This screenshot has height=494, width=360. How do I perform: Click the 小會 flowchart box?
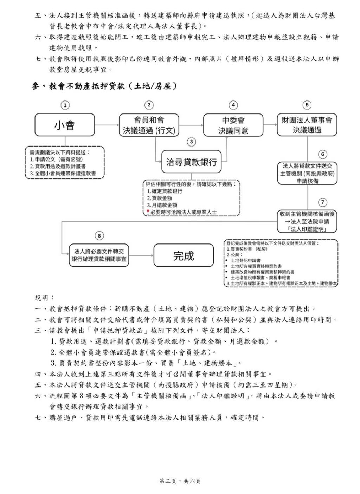[65, 125]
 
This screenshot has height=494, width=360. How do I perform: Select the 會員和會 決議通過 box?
[149, 125]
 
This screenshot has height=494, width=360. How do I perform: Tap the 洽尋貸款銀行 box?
[191, 162]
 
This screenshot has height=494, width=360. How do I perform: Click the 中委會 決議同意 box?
[233, 125]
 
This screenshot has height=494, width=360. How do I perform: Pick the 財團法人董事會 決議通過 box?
[307, 125]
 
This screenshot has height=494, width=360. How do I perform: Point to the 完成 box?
[184, 255]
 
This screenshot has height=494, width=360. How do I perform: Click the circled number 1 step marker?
[65, 105]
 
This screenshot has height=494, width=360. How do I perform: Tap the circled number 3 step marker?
[191, 142]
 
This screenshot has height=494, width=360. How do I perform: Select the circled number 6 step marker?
[322, 154]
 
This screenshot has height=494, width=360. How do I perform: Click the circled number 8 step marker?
[99, 236]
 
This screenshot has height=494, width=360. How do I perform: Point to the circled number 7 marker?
[322, 202]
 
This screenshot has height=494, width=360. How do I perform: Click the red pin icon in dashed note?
[148, 212]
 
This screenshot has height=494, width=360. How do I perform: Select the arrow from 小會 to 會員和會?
[107, 125]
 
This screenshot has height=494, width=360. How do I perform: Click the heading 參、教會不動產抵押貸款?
[105, 86]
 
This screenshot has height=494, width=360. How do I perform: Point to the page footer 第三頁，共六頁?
[180, 481]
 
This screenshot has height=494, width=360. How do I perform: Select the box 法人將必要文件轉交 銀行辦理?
[99, 255]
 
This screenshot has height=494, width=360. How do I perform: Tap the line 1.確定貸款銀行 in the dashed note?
[165, 191]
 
